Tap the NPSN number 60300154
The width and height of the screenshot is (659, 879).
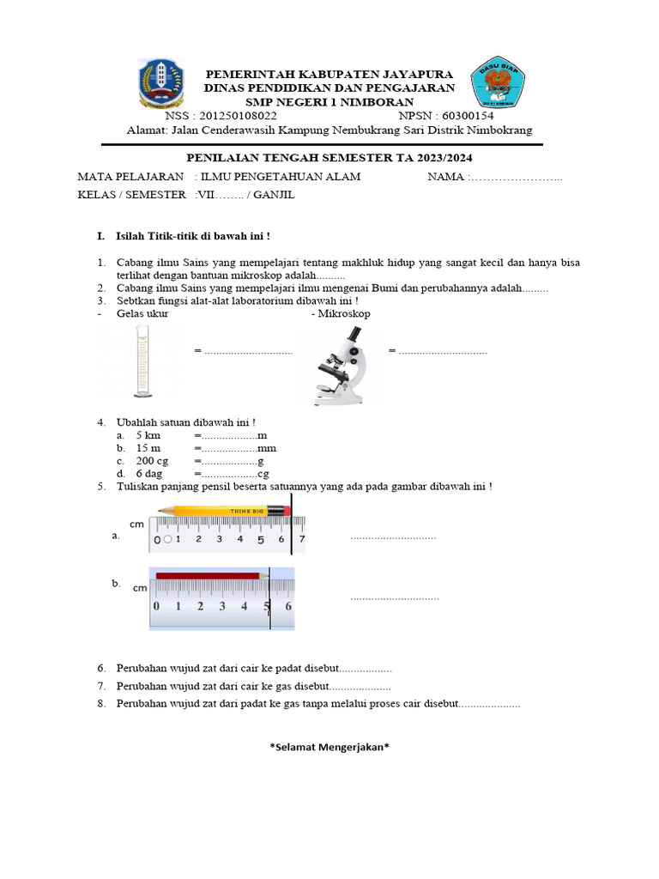click(466, 116)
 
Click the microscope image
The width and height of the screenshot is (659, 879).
click(342, 368)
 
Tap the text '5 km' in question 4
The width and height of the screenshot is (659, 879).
click(148, 436)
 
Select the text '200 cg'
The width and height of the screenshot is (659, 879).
click(152, 461)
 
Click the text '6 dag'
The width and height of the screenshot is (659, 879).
click(150, 474)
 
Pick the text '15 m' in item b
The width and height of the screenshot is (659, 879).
click(148, 449)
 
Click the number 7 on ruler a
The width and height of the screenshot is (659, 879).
click(301, 540)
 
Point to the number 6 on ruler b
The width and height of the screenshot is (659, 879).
click(289, 606)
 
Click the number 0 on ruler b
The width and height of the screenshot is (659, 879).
click(156, 606)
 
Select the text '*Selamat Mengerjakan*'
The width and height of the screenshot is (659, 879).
click(329, 747)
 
